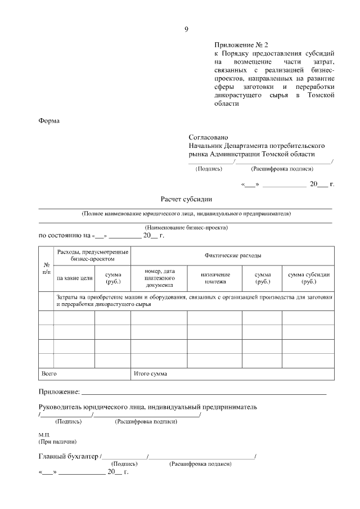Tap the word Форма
(x=49, y=120)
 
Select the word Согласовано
(x=209, y=137)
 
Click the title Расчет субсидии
(x=186, y=199)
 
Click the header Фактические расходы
(x=232, y=255)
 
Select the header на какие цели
(x=74, y=278)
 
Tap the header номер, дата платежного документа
(x=160, y=278)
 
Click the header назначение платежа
(x=215, y=278)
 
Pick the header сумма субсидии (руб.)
(x=309, y=278)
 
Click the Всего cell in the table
(x=49, y=373)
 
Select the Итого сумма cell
(x=150, y=373)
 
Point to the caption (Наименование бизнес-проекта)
(x=186, y=228)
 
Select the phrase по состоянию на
(x=64, y=236)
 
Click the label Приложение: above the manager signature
(x=59, y=391)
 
